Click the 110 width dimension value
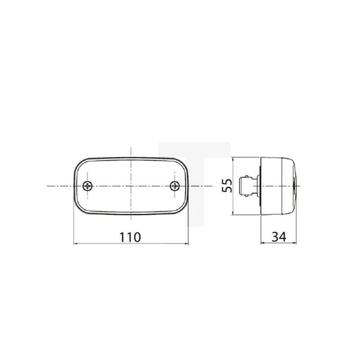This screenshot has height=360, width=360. [131, 236]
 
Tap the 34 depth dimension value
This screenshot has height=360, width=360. [279, 236]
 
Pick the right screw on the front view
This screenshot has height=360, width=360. [175, 186]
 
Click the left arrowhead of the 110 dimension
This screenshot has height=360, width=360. [76, 243]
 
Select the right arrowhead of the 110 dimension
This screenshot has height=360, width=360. [186, 243]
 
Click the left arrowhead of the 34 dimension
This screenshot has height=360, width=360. [261, 243]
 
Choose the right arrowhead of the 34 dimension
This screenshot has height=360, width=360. [296, 243]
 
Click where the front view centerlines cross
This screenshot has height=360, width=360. [131, 186]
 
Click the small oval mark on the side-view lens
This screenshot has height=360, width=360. [294, 186]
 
